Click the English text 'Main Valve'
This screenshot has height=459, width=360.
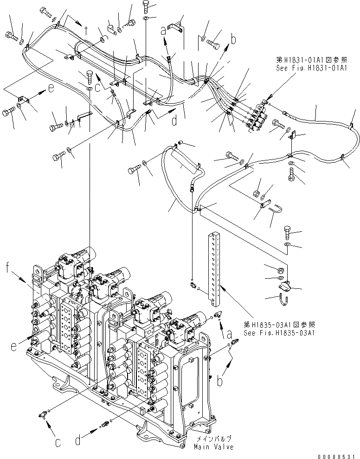click(x=214, y=447)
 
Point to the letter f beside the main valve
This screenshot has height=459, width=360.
click(x=7, y=267)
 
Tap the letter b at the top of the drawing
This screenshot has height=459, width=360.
click(x=234, y=40)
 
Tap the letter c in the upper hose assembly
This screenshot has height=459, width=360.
click(x=98, y=86)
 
